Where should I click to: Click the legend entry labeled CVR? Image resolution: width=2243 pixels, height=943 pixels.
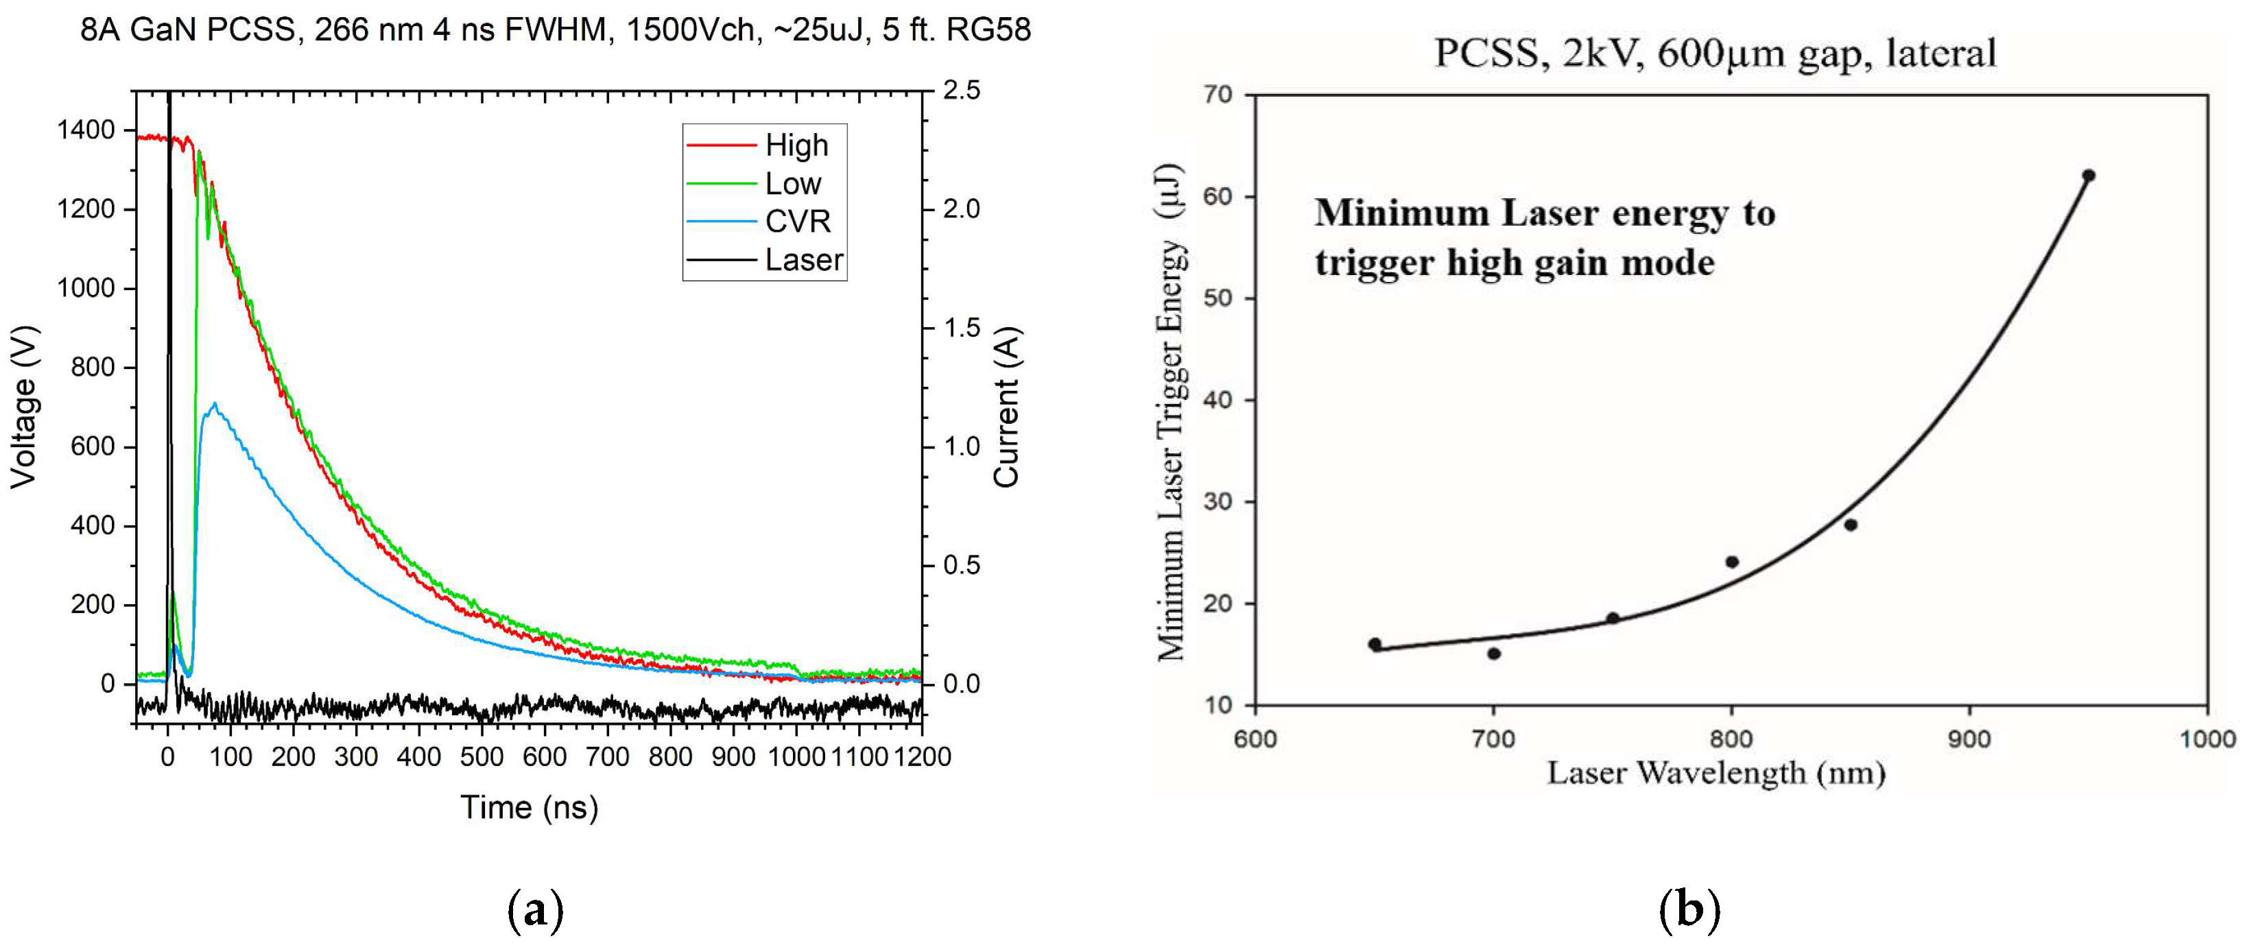(798, 221)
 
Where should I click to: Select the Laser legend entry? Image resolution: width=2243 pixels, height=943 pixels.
(803, 259)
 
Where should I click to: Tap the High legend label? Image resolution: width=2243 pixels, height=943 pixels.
(796, 145)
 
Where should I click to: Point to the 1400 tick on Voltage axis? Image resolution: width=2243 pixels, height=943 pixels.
(85, 130)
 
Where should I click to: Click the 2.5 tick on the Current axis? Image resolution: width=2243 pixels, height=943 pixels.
(961, 91)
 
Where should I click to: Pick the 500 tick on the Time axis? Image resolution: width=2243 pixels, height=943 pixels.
(482, 756)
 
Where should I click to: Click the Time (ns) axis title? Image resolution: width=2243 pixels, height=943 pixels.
(529, 807)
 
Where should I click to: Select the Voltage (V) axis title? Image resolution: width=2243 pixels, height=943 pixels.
(23, 407)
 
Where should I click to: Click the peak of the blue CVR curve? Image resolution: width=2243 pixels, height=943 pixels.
(214, 404)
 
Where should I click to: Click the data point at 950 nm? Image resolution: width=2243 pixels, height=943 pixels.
(2088, 176)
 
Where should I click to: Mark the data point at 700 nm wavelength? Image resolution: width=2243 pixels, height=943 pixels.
(1494, 654)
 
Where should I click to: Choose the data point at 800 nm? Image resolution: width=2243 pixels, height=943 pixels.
(1732, 562)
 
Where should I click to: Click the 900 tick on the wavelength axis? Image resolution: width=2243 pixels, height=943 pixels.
(1969, 739)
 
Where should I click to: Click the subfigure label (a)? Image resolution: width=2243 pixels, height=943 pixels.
(534, 911)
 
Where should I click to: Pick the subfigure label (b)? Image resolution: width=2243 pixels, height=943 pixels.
(1689, 911)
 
